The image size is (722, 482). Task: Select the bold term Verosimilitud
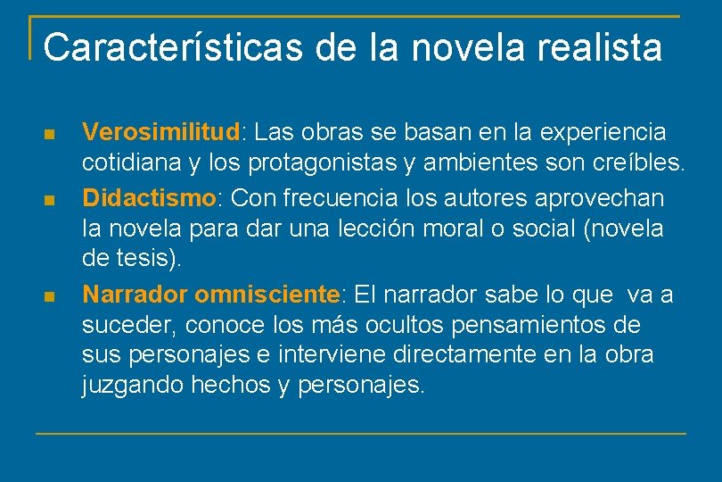(161, 133)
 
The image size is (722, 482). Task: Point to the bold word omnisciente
(267, 294)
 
